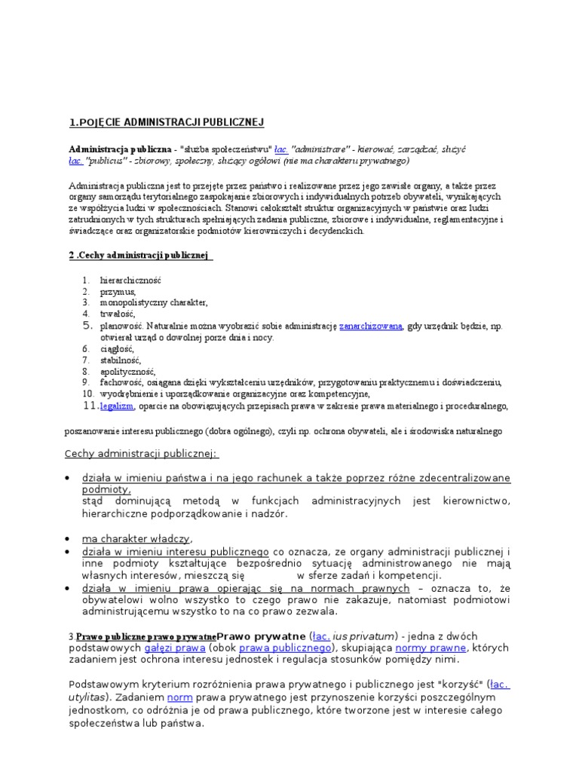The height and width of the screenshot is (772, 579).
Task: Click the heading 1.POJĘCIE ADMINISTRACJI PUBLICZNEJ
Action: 166,122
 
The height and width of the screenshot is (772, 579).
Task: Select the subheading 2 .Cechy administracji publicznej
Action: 139,255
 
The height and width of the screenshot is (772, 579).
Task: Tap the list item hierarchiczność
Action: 130,280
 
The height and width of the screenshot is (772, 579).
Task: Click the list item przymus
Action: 118,291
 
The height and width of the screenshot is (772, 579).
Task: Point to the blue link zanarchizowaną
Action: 371,326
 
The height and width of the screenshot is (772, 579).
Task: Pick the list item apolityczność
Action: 127,372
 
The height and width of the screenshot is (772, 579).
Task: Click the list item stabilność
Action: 121,360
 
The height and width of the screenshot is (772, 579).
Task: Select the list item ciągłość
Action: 117,349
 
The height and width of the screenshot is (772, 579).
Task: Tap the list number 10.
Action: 87,394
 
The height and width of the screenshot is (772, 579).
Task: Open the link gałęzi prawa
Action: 177,648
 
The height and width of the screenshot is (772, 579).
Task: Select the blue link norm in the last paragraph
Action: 180,697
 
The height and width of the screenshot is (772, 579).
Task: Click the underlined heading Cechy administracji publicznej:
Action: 141,453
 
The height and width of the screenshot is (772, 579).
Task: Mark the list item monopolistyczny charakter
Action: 154,302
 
